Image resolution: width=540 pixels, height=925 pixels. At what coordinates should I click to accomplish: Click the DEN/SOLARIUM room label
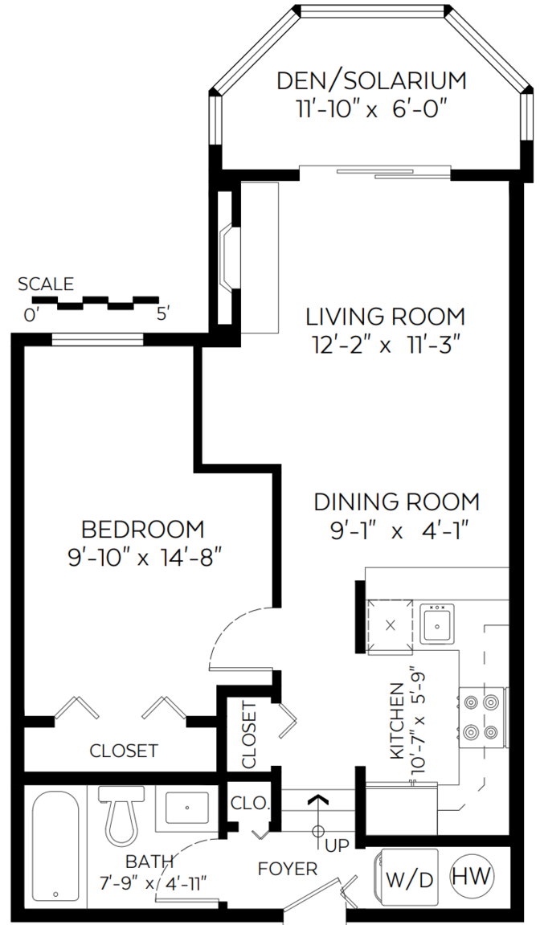[x=371, y=81]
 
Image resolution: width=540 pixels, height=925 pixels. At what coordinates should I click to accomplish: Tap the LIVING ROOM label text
[x=386, y=317]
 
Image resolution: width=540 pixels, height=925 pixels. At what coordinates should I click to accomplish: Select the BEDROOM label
[x=143, y=529]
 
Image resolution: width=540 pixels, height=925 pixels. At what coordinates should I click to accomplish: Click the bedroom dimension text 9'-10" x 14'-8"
[x=144, y=557]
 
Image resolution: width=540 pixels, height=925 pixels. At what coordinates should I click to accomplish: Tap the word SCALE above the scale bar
[x=46, y=284]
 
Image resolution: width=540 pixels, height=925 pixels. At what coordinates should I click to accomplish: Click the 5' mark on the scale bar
[x=163, y=314]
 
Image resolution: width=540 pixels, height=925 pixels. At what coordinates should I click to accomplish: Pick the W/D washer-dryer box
[x=408, y=877]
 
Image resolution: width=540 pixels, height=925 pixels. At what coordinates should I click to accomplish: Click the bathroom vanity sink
[x=186, y=808]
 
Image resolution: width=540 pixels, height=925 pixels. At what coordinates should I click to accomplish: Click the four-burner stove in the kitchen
[x=481, y=718]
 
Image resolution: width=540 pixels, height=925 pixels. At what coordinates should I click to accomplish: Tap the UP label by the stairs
[x=337, y=845]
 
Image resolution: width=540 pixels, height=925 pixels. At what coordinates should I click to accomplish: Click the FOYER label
[x=288, y=869]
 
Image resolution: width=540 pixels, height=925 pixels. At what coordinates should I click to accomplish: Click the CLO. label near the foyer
[x=250, y=803]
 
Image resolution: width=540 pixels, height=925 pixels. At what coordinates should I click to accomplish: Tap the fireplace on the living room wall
[x=228, y=257]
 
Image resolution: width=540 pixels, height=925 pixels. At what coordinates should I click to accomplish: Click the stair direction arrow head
[x=319, y=800]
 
